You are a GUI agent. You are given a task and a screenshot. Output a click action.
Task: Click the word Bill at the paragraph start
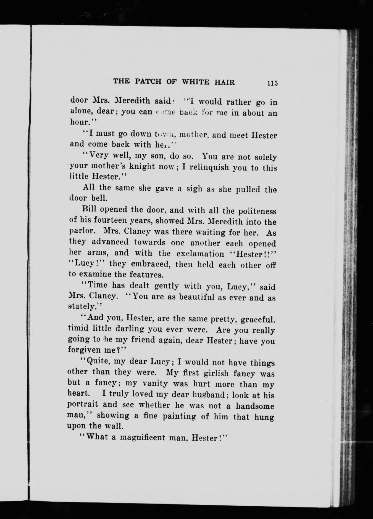pyautogui.click(x=89, y=209)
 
